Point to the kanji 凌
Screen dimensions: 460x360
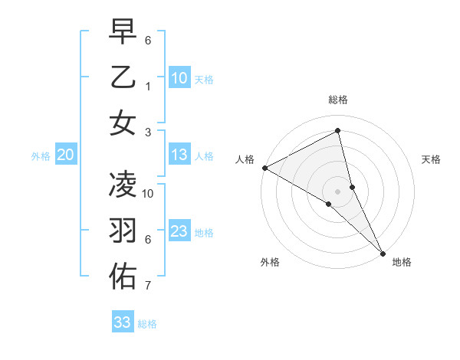click(x=123, y=185)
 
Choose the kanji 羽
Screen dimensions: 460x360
click(x=123, y=231)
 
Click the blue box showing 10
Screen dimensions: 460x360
click(x=179, y=78)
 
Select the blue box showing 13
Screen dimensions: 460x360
click(x=179, y=155)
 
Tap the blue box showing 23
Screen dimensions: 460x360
click(x=179, y=231)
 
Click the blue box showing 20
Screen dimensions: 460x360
click(x=65, y=155)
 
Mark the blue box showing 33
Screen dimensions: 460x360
click(x=123, y=322)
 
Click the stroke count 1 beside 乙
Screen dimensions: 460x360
click(x=148, y=87)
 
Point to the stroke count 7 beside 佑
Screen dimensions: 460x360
click(x=148, y=286)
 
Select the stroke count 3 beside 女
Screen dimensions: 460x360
click(x=148, y=132)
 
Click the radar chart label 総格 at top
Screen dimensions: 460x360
click(x=338, y=100)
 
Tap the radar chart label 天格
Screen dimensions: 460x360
click(x=431, y=159)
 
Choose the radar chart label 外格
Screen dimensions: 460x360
click(x=270, y=262)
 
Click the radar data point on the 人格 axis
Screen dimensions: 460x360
click(x=264, y=168)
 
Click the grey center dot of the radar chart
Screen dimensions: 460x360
click(x=338, y=191)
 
